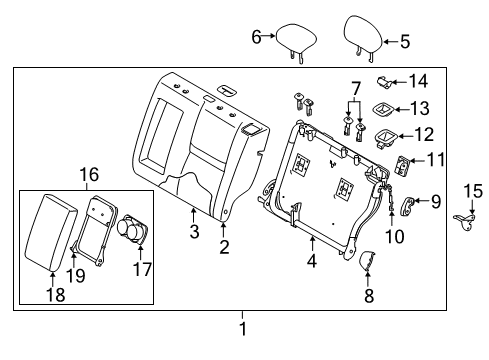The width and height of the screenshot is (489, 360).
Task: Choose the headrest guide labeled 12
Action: (x=382, y=136)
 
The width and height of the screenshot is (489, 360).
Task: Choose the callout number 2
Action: (x=224, y=246)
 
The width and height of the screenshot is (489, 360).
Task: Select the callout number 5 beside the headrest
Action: (x=404, y=42)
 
